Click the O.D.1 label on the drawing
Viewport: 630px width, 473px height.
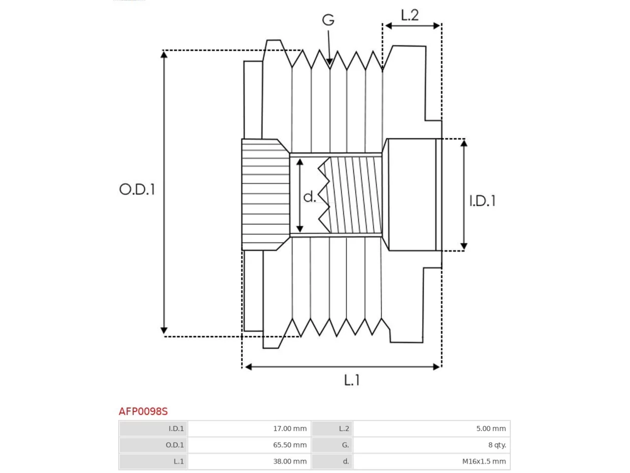(137, 190)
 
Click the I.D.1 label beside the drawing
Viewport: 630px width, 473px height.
(482, 201)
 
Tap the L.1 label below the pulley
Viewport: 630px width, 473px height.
(351, 380)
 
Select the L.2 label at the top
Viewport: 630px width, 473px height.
(409, 15)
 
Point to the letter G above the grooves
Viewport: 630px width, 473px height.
(328, 20)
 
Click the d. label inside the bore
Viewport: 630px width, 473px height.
(310, 197)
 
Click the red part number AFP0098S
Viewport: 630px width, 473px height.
(143, 411)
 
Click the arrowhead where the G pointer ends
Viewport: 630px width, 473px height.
(329, 63)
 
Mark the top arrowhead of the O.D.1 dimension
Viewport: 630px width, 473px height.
(164, 54)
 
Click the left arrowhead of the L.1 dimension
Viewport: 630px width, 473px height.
(249, 367)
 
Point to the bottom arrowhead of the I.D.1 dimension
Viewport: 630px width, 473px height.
(464, 246)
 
